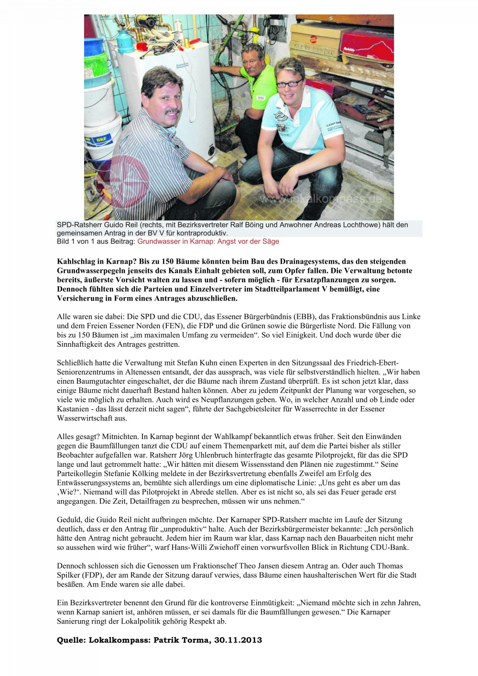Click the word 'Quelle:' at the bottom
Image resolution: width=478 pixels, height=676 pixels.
coord(71,640)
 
